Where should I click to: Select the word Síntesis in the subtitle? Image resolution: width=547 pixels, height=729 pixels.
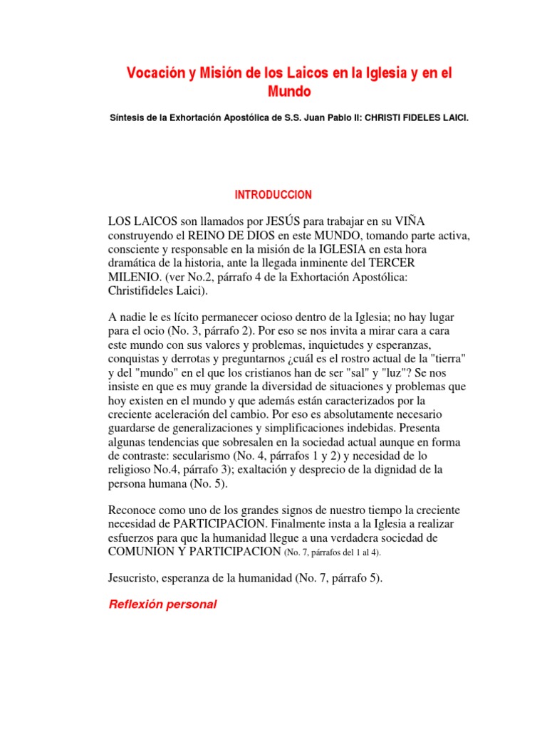click(x=125, y=117)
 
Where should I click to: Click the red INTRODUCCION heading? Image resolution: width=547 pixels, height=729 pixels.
click(x=273, y=194)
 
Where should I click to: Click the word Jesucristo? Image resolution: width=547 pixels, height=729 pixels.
click(x=135, y=578)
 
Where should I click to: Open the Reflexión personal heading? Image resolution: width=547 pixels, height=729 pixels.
click(x=162, y=605)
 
